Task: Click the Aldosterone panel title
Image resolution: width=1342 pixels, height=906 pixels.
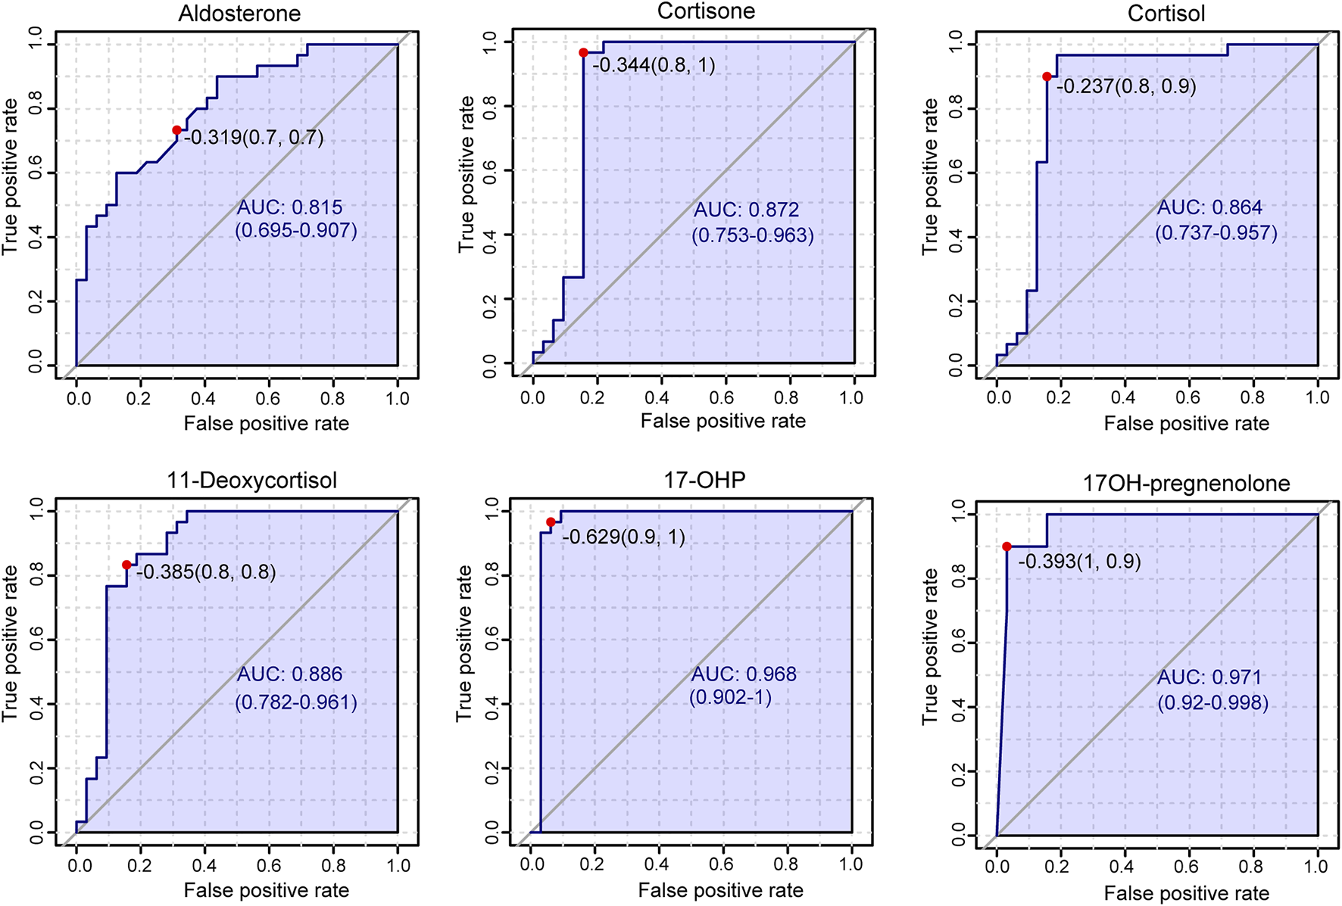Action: [239, 14]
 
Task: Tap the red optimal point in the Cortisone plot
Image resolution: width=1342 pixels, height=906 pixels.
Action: [583, 53]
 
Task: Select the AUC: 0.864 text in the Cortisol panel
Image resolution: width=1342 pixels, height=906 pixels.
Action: [1209, 207]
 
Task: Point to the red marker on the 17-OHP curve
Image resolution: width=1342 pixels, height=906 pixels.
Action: [551, 522]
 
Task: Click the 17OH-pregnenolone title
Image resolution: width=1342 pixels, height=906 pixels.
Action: [1186, 484]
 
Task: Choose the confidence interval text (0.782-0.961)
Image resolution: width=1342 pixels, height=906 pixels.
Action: [296, 702]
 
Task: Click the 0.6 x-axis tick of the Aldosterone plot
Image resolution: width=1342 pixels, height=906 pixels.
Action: [268, 399]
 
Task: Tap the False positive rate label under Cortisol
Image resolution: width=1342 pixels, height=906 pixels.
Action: [1186, 424]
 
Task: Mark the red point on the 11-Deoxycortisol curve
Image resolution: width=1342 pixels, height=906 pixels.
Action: [126, 565]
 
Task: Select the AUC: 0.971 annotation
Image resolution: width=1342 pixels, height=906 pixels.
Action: [1209, 677]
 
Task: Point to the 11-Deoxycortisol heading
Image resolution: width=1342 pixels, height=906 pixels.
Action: [251, 481]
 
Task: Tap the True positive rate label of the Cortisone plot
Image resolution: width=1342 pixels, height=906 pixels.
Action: [467, 174]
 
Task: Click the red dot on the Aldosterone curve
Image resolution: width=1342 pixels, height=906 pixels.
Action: [176, 130]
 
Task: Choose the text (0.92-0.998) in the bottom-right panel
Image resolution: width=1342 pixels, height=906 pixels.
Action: [1212, 703]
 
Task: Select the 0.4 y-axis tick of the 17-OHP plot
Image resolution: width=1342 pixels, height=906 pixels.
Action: [492, 705]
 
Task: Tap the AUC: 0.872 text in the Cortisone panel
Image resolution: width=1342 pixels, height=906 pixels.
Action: [747, 210]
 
